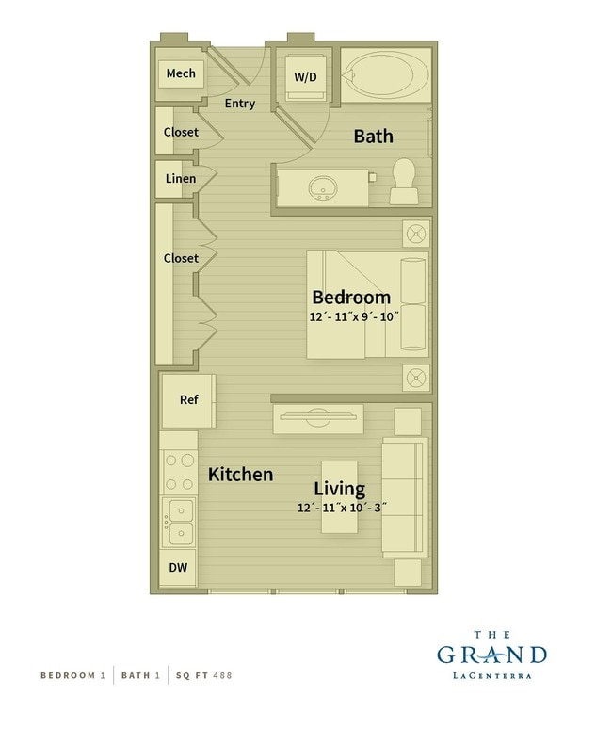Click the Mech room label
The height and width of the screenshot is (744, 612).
181,73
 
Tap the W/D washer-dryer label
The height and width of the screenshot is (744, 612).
305,76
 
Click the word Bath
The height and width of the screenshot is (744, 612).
373,137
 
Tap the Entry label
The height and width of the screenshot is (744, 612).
240,104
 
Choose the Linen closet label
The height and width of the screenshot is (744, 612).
181,179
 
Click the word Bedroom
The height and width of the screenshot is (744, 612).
351,298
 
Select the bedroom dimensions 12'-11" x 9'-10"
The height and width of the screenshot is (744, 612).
354,317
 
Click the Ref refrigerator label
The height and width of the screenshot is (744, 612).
189,400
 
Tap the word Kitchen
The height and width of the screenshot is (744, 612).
241,475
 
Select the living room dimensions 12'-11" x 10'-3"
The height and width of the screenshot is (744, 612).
340,508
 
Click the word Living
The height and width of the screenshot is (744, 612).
339,489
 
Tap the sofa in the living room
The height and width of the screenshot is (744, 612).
405,496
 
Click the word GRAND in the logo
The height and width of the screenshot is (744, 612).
491,655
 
